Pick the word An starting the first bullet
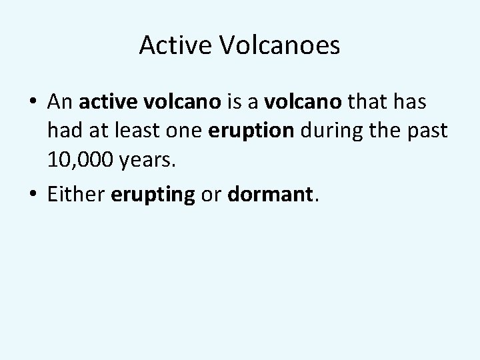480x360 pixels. click(61, 103)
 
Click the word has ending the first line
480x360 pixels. click(413, 103)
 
